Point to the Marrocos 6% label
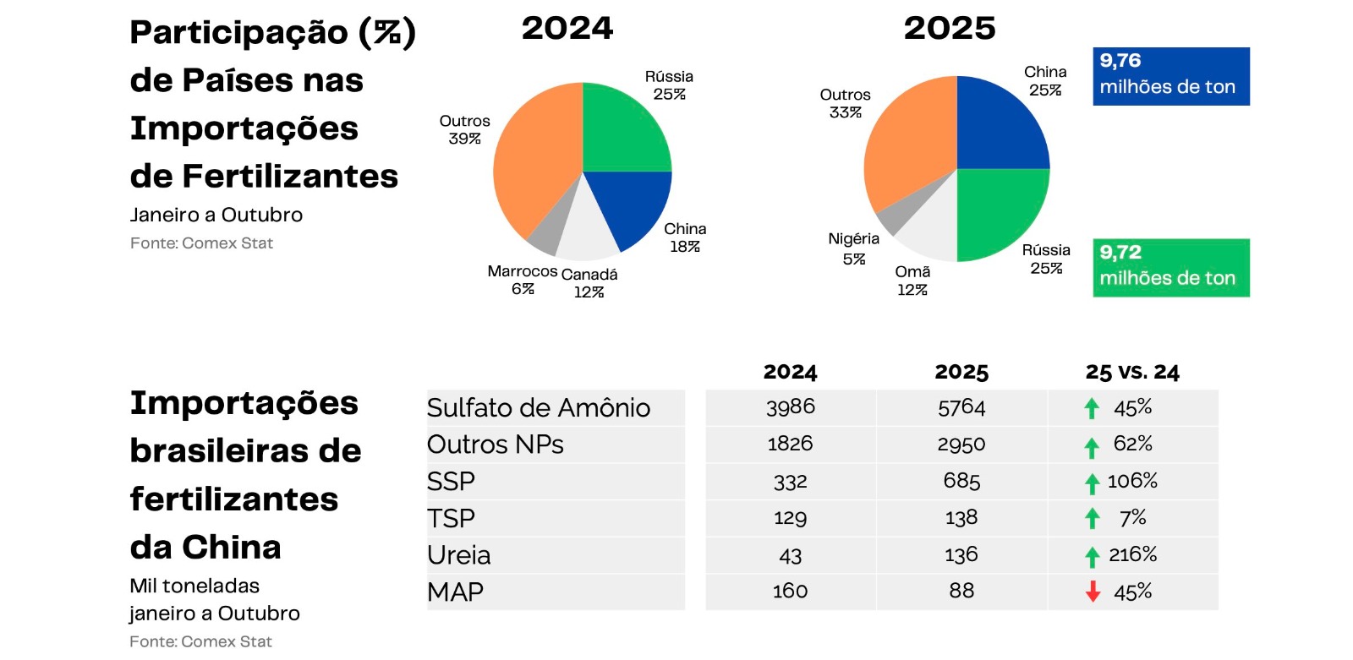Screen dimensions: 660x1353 [x=523, y=280]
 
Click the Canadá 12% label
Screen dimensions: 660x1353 [x=589, y=283]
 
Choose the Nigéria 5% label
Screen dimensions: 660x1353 [x=854, y=248]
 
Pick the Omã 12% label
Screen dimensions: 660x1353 [x=912, y=281]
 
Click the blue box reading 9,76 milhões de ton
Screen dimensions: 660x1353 [x=1170, y=76]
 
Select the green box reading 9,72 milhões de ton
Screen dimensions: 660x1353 [x=1170, y=267]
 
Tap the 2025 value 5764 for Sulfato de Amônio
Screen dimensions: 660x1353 [x=961, y=408]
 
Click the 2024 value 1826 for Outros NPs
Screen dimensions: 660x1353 [x=790, y=444]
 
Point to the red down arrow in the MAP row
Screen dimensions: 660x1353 [x=1093, y=592]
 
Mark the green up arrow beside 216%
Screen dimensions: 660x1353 [x=1093, y=556]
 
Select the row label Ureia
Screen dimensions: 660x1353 [x=458, y=555]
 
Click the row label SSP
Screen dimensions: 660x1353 [x=451, y=482]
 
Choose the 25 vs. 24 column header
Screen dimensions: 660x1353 [x=1132, y=372]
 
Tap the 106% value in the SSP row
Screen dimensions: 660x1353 [x=1132, y=481]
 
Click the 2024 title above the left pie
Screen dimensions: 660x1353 [x=567, y=29]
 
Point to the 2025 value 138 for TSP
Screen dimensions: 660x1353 [x=961, y=517]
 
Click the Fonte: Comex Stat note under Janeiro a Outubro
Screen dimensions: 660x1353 [x=201, y=243]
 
